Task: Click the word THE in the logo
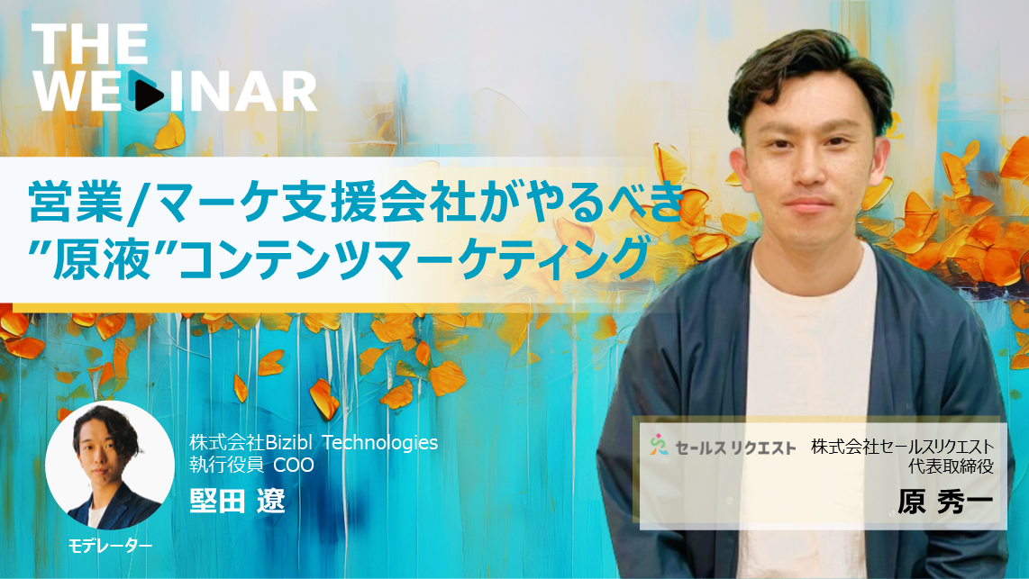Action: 89,44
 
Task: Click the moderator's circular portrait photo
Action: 110,466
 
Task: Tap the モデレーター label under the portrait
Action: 110,546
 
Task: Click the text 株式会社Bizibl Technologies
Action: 314,443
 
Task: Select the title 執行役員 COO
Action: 252,465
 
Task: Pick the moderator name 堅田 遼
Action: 238,501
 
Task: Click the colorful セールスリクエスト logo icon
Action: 659,445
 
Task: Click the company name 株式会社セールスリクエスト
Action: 902,447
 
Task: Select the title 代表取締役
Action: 951,466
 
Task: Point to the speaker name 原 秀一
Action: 946,502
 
